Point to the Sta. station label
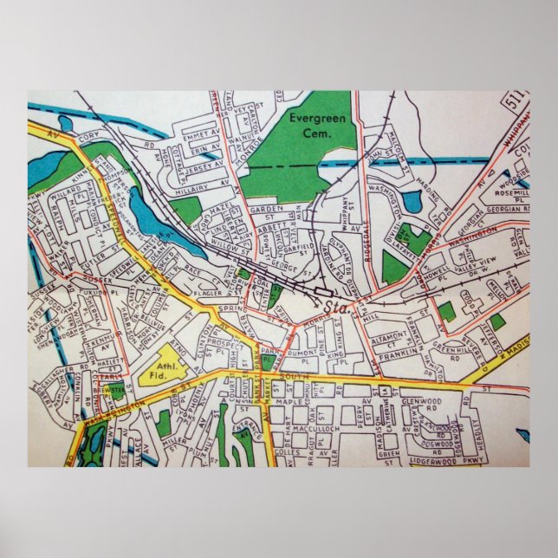[333, 307]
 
